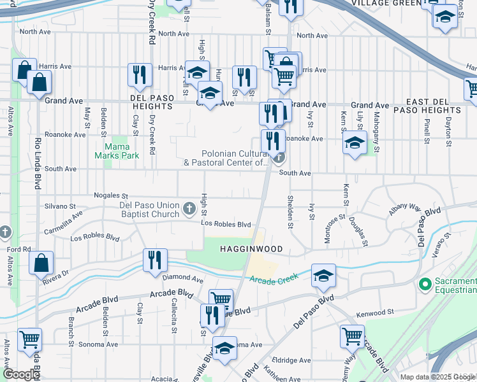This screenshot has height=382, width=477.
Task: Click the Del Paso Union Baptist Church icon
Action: [189, 208]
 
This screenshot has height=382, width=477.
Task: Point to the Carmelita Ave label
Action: [68, 218]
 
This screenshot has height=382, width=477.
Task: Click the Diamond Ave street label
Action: [182, 279]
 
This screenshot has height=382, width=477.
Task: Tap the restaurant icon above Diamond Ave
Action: [155, 260]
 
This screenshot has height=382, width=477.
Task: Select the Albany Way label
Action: [406, 208]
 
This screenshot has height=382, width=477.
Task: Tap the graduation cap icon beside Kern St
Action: [354, 143]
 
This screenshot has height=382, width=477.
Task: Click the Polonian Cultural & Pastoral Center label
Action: [226, 158]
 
